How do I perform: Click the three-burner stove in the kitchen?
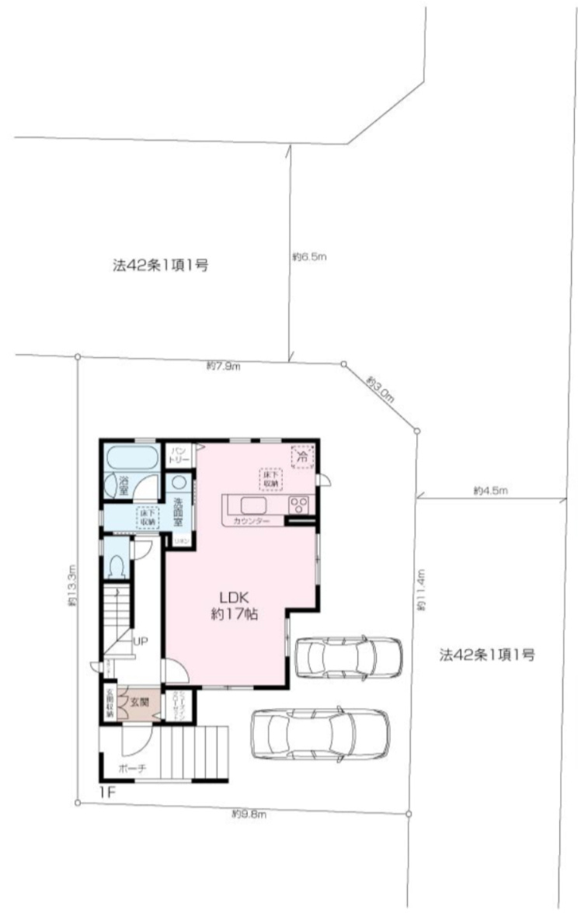(x=300, y=504)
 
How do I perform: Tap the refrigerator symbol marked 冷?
(x=301, y=456)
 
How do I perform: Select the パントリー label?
(x=179, y=453)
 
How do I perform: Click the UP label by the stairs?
(x=141, y=641)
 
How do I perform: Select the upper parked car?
(x=349, y=657)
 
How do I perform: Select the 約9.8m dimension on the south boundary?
(x=249, y=814)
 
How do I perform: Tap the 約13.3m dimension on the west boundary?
(x=72, y=585)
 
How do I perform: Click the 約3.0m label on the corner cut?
(x=381, y=388)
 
